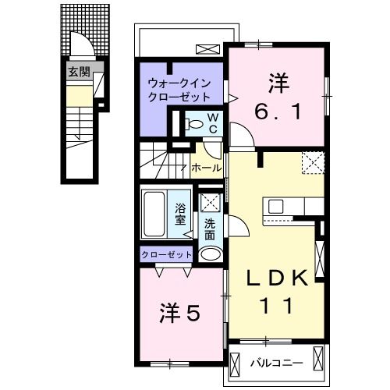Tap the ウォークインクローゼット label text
pyautogui.click(x=181, y=90)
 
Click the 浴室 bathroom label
pyautogui.click(x=180, y=214)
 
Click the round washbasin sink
pyautogui.click(x=209, y=253)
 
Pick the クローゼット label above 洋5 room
pyautogui.click(x=165, y=254)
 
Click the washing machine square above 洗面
pyautogui.click(x=209, y=201)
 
